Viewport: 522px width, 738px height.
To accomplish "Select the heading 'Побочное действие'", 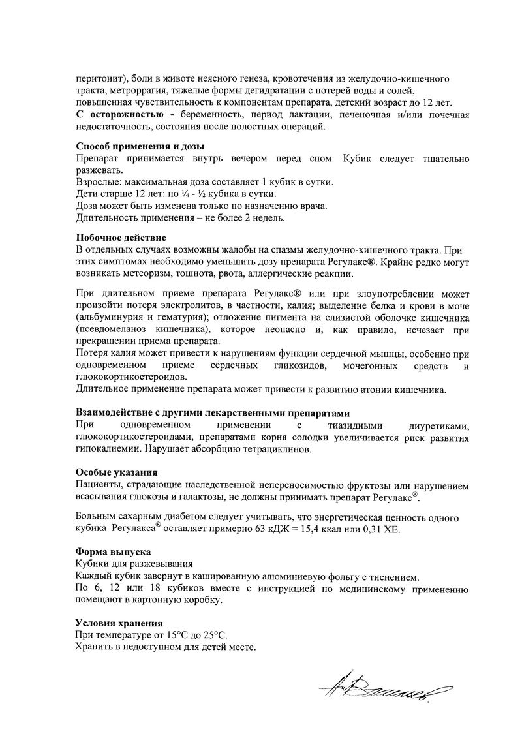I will [121, 238].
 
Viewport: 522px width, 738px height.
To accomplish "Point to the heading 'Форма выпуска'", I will [113, 552].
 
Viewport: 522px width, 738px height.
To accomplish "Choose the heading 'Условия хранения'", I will [119, 623].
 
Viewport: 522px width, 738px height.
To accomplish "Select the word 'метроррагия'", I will [129, 91].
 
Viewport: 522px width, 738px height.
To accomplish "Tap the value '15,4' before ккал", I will [318, 530].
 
